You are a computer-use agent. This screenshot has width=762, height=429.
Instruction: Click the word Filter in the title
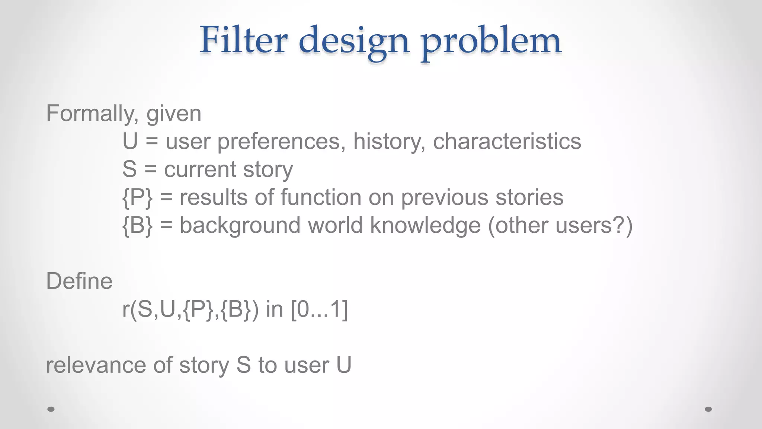[x=244, y=40]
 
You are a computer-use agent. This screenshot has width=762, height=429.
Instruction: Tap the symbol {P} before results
[x=137, y=197]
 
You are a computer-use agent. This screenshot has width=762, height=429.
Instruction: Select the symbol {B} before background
[x=137, y=226]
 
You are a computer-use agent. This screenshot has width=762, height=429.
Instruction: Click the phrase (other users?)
[x=560, y=226]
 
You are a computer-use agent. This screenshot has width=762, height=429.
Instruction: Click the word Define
[x=79, y=281]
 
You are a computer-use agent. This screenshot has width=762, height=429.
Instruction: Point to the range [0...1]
[x=319, y=309]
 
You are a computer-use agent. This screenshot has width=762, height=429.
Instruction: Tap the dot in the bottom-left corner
[x=51, y=409]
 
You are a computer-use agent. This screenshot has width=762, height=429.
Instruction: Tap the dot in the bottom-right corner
[x=708, y=409]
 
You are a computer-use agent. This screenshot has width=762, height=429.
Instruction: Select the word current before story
[x=200, y=169]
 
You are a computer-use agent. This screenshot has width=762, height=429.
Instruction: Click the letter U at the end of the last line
[x=344, y=365]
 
